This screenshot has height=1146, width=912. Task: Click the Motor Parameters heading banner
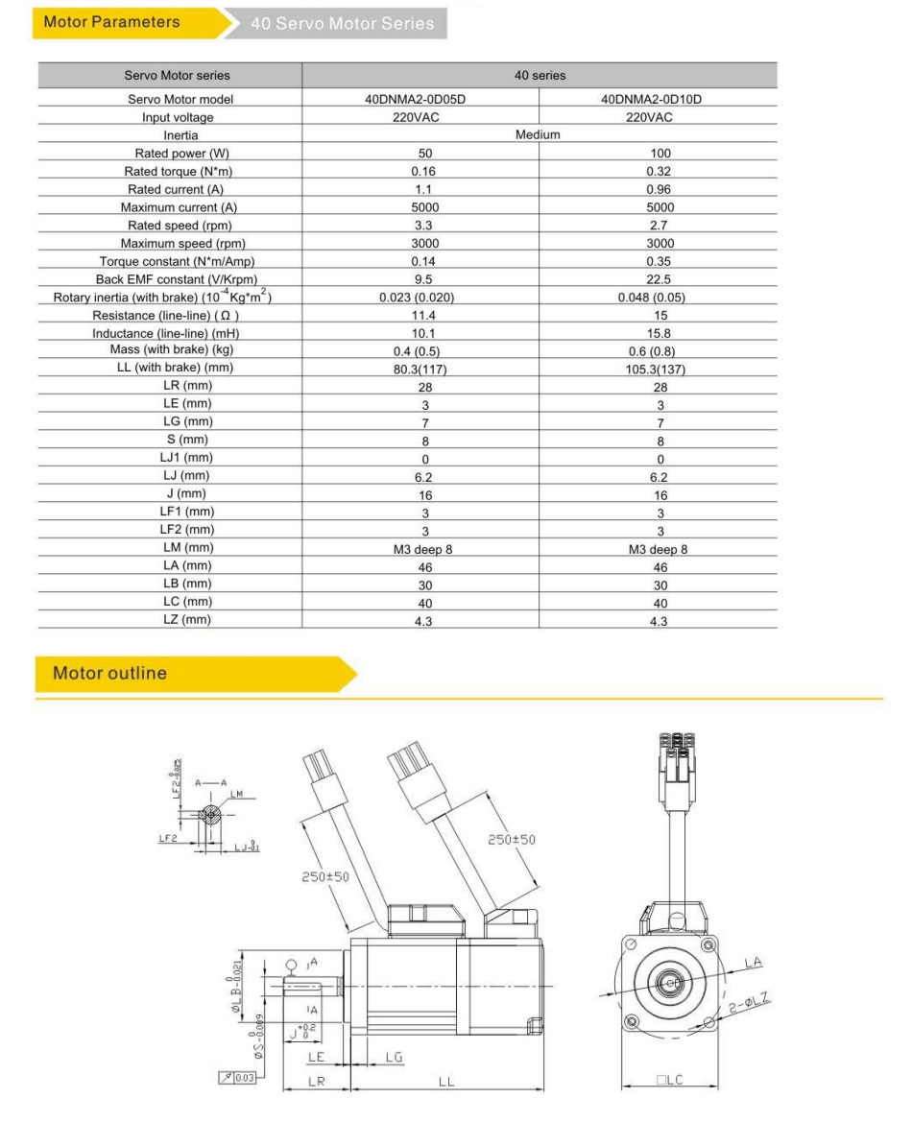(x=111, y=22)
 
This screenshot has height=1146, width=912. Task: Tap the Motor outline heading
(x=109, y=673)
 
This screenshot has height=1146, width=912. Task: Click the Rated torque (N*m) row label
(x=180, y=171)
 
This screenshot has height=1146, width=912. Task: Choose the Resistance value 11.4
(x=424, y=315)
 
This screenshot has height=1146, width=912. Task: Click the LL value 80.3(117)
(x=424, y=369)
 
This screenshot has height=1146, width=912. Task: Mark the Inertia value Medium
(x=538, y=135)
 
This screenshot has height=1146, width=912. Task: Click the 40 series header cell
(x=538, y=75)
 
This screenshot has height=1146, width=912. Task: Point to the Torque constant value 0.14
(x=424, y=261)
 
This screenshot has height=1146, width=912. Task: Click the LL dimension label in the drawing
(x=446, y=1082)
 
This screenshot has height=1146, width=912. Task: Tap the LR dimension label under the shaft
(x=317, y=1082)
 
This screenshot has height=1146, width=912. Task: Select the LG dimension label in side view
(x=393, y=1057)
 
